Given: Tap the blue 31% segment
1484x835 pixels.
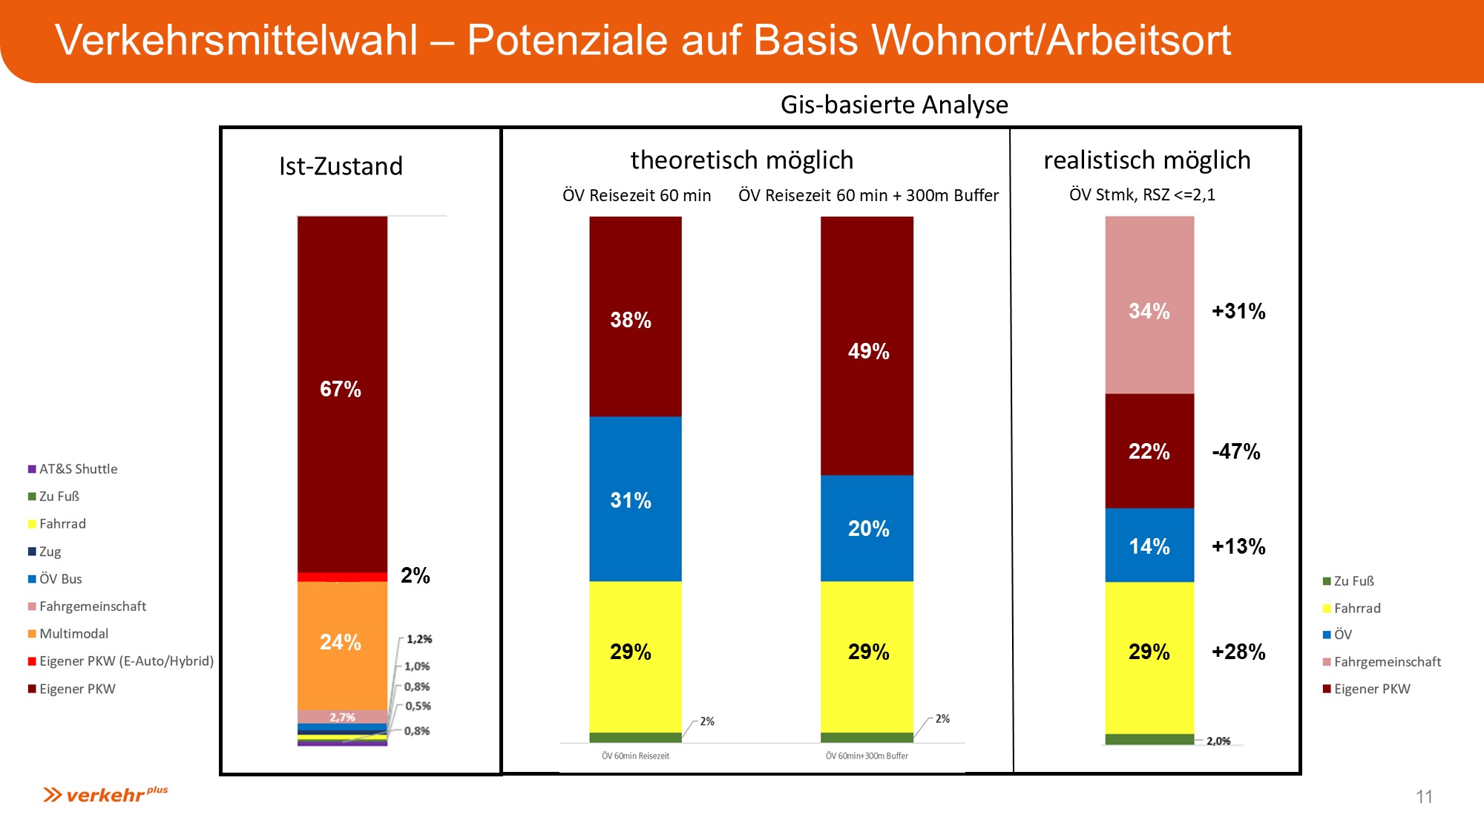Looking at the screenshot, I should [x=634, y=500].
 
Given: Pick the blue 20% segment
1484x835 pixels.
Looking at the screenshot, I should [x=867, y=528].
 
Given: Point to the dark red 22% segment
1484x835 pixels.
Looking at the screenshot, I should [x=1149, y=451].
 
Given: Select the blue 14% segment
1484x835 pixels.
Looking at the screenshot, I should [x=1149, y=546].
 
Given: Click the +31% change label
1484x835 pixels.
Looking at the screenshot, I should [x=1238, y=311].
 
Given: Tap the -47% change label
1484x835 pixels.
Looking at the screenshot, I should [x=1235, y=451].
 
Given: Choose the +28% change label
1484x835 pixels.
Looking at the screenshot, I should [x=1238, y=652].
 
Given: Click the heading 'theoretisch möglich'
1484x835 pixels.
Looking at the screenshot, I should [x=742, y=160].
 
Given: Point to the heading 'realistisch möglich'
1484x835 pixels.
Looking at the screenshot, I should [x=1147, y=160].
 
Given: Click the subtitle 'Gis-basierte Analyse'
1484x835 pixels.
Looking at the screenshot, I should [x=894, y=105].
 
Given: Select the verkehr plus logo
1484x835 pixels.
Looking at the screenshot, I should [x=105, y=795].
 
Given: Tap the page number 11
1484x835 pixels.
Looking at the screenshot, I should [x=1424, y=796].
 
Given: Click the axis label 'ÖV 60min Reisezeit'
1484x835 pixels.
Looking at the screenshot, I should [x=635, y=756].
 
